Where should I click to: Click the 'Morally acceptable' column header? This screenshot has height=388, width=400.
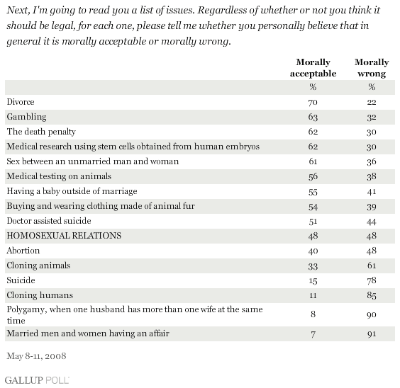[313, 68]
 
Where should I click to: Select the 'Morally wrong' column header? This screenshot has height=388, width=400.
[372, 68]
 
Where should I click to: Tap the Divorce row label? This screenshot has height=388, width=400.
[21, 102]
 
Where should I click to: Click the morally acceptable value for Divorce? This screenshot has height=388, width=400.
[313, 103]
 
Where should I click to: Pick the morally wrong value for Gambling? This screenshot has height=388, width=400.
[372, 117]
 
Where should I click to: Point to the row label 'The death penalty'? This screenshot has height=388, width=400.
[41, 132]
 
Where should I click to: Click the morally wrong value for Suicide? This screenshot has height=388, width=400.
[372, 280]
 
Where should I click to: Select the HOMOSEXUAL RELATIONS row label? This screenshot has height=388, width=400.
[64, 236]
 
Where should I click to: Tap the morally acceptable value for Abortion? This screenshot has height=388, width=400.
[313, 251]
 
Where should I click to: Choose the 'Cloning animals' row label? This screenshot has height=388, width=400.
[38, 266]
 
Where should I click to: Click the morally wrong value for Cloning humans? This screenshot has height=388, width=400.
[372, 295]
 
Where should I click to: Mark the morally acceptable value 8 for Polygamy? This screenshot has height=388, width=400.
[313, 314]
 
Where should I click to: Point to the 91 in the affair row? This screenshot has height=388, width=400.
[372, 333]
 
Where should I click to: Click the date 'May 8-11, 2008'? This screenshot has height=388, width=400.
[36, 355]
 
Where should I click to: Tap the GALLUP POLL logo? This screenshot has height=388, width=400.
[37, 380]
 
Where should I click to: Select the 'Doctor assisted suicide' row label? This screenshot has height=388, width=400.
[49, 221]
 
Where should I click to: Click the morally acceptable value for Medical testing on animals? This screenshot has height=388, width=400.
[313, 176]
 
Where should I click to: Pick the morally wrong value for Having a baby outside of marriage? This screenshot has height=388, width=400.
[372, 191]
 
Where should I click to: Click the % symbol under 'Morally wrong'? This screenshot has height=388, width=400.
[372, 87]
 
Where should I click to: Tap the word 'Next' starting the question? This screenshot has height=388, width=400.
[18, 10]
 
